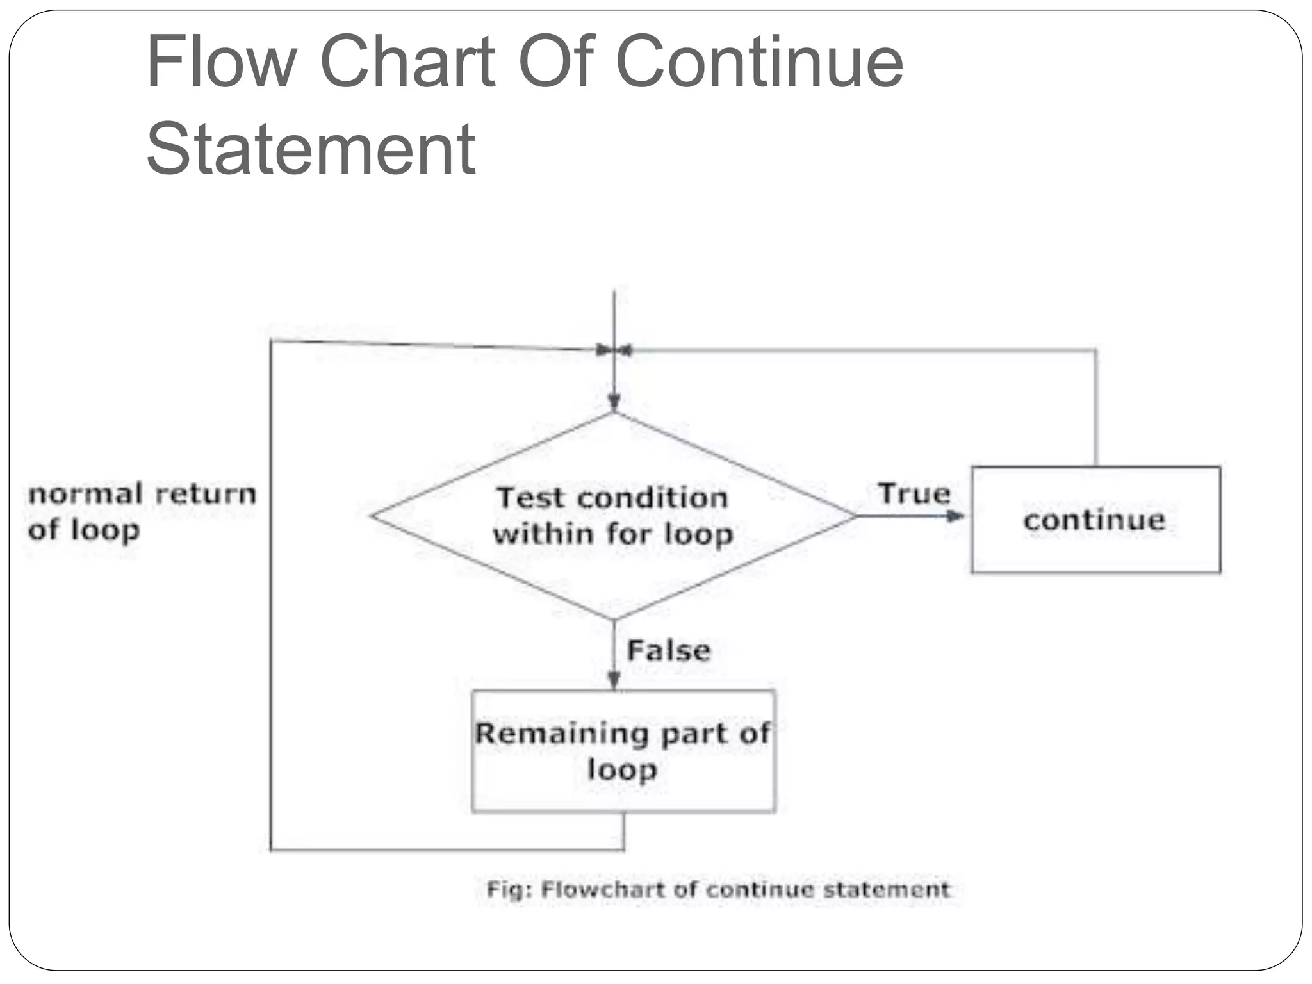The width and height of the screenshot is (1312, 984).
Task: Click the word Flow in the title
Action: tap(220, 62)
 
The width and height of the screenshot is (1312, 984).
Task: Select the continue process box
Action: tap(1095, 520)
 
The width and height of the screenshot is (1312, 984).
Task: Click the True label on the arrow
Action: tap(914, 494)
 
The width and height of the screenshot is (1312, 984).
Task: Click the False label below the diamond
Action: tap(669, 651)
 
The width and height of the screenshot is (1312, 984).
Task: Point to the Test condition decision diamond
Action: tap(613, 516)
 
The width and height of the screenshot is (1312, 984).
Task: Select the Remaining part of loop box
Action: tap(623, 751)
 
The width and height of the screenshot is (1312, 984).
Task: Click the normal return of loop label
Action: tap(142, 512)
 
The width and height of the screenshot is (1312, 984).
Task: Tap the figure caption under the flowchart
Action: tap(717, 889)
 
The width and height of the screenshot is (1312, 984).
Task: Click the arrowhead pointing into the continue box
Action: tap(955, 516)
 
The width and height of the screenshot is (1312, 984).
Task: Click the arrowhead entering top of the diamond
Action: tap(614, 402)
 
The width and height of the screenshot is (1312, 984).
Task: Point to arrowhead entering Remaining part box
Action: tap(614, 680)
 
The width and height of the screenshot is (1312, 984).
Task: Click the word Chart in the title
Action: tap(407, 62)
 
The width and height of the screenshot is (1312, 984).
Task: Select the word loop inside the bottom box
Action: tap(622, 769)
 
